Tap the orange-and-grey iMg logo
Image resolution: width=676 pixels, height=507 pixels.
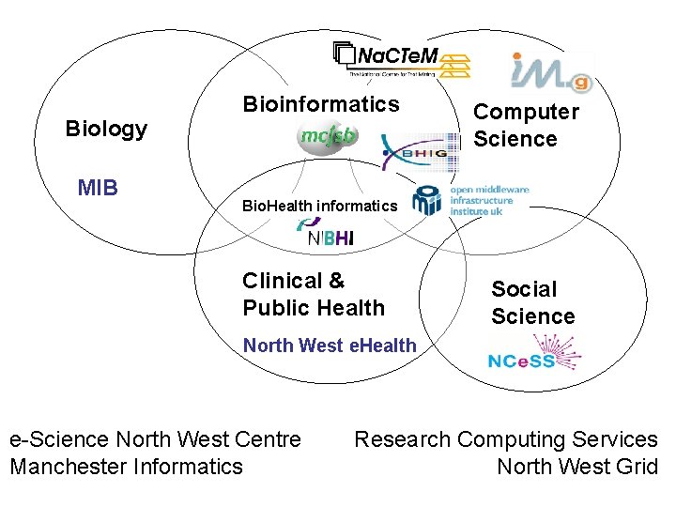(552, 71)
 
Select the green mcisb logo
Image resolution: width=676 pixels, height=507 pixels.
(328, 136)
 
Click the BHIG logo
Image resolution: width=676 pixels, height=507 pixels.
(421, 151)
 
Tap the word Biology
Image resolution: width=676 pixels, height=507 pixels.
(106, 129)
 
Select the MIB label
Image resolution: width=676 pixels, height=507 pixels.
(98, 188)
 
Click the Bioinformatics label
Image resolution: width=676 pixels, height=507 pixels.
(321, 104)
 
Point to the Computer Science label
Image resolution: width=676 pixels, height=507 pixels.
(526, 125)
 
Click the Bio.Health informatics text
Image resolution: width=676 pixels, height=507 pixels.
(320, 205)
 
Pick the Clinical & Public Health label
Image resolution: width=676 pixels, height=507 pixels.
(314, 294)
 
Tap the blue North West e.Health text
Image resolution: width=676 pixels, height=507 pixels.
(330, 346)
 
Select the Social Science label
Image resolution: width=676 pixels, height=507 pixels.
(532, 302)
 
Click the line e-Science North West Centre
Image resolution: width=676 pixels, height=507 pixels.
(155, 439)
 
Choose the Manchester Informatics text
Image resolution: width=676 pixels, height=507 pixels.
(126, 466)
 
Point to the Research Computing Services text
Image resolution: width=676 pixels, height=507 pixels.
(505, 439)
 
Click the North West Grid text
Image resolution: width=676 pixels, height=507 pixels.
(576, 466)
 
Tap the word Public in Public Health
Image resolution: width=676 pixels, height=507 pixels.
(273, 308)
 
